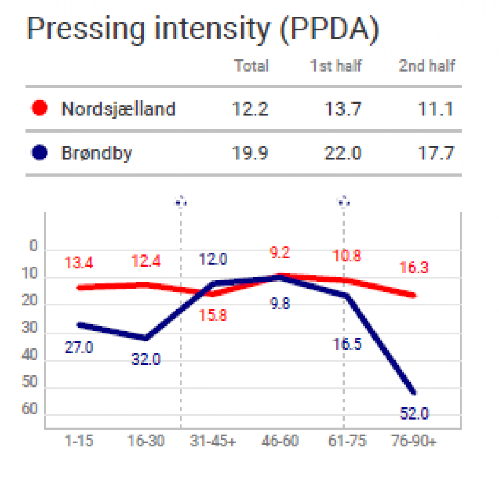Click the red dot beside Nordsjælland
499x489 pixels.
(39, 109)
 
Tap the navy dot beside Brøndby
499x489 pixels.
(39, 153)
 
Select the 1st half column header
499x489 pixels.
(336, 66)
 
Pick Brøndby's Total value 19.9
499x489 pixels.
(250, 154)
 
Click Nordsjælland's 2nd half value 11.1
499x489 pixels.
(436, 109)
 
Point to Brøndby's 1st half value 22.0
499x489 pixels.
(342, 154)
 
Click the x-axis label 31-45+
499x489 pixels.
(213, 441)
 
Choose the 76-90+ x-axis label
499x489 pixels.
(414, 441)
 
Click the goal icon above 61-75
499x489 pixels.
(344, 201)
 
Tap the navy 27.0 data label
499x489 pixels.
(79, 348)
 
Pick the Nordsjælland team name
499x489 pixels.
(119, 109)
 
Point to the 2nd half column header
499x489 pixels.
(427, 66)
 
